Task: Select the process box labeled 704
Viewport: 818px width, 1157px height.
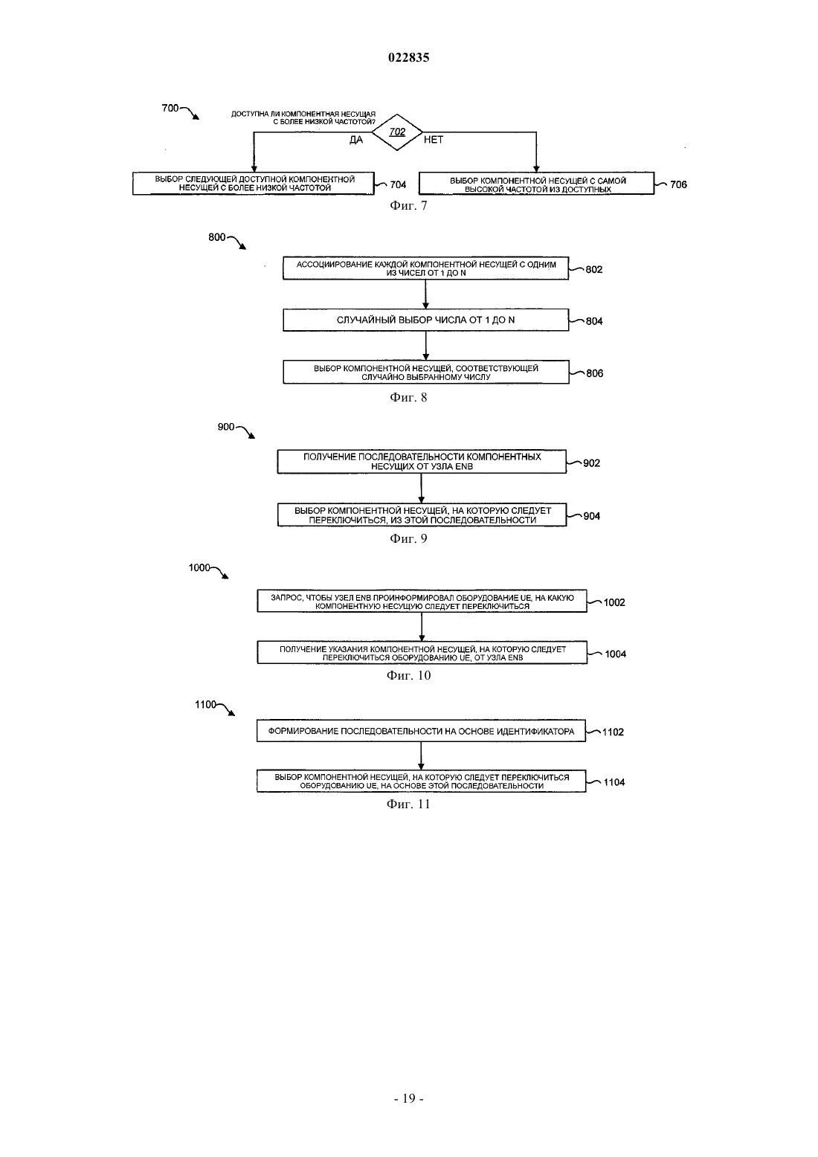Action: click(x=253, y=184)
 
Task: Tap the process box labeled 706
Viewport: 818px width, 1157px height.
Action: click(x=536, y=184)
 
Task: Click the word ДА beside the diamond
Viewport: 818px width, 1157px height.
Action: click(x=356, y=140)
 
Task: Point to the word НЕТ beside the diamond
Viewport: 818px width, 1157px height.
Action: click(x=434, y=140)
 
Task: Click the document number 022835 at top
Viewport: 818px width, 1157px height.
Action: click(x=408, y=57)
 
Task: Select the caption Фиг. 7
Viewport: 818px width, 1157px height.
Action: click(x=408, y=205)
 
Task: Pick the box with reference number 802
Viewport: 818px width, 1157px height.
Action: click(x=425, y=268)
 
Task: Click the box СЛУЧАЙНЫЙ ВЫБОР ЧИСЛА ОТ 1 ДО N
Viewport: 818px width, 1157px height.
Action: click(x=425, y=320)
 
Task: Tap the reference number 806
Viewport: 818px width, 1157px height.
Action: click(x=594, y=373)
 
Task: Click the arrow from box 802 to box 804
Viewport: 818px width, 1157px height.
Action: click(x=425, y=294)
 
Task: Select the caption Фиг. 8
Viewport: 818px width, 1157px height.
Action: click(x=408, y=397)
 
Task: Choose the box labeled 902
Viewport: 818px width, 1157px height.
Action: click(x=422, y=462)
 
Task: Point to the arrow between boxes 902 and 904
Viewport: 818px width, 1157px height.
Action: click(x=422, y=488)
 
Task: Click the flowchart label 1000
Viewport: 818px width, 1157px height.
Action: click(x=199, y=567)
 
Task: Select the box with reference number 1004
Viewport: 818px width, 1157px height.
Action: click(x=422, y=652)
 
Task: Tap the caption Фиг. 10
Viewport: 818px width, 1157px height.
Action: click(x=408, y=676)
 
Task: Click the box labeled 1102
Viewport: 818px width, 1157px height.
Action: click(x=421, y=731)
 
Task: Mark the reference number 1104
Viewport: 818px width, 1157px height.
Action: click(x=614, y=782)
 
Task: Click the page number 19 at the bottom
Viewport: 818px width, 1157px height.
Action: click(x=408, y=1098)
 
